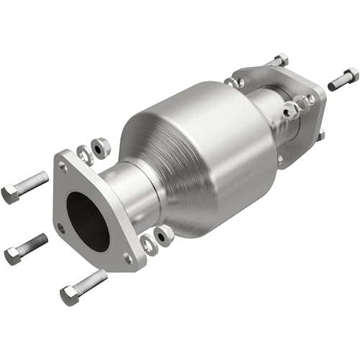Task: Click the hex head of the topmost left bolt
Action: pos(11,193)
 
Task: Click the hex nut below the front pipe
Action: pos(163,234)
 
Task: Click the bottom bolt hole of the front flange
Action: pos(128,257)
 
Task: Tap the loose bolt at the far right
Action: pos(343,78)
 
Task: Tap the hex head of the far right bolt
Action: pos(351,74)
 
